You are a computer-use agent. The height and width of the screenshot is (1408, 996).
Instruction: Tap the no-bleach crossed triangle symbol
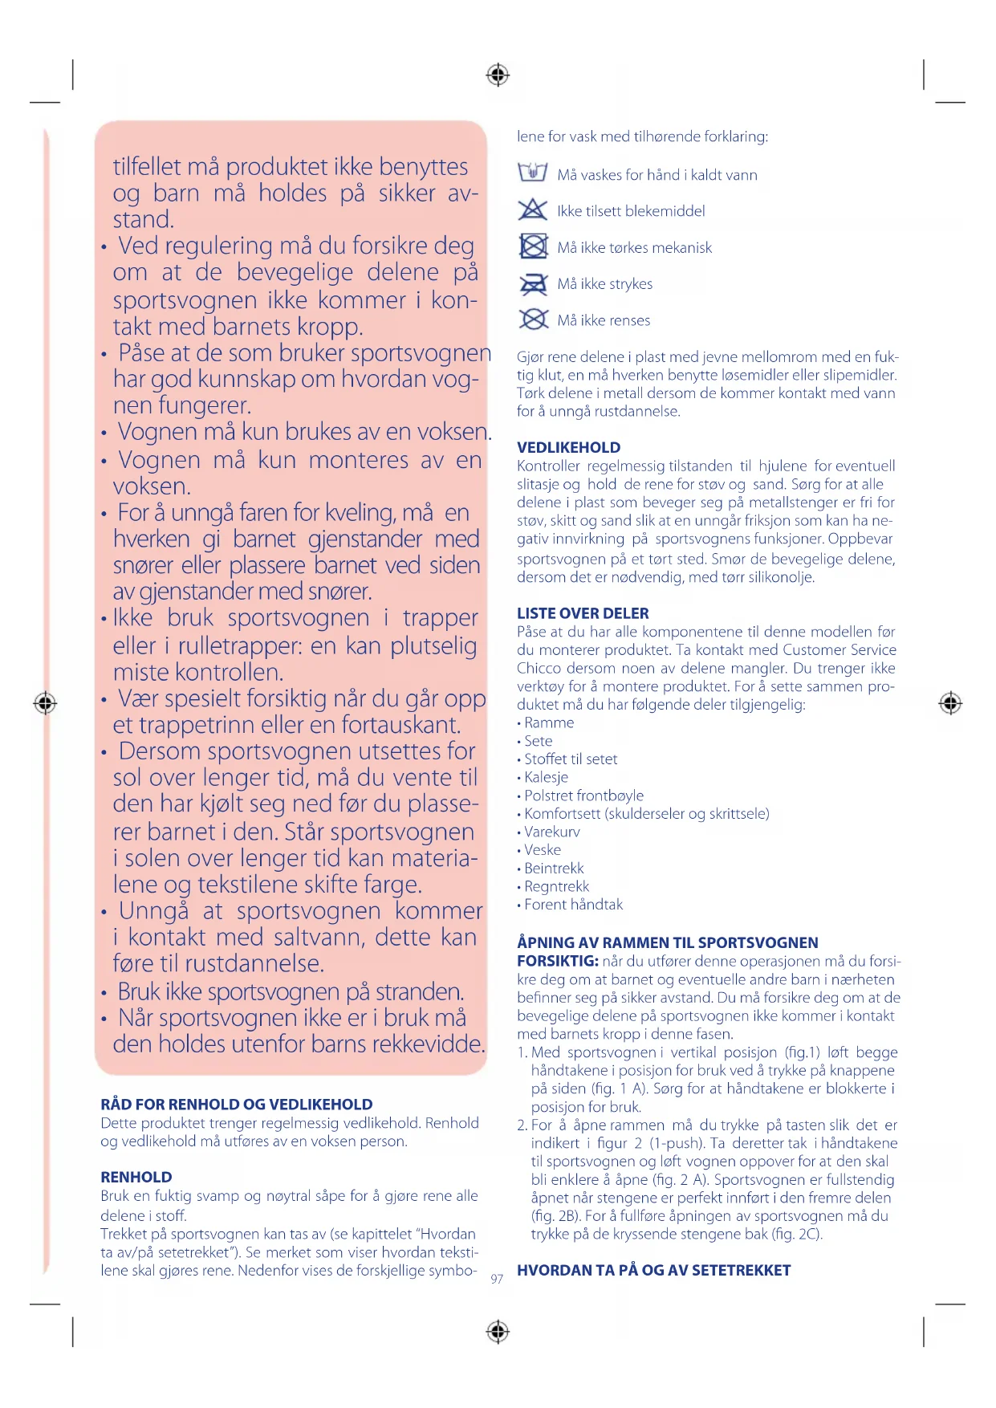[533, 210]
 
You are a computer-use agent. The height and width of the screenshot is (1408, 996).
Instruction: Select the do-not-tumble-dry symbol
[533, 246]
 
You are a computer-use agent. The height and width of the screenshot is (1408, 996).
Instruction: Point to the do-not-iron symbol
[533, 283]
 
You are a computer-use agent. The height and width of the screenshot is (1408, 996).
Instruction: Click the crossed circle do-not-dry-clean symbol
[533, 319]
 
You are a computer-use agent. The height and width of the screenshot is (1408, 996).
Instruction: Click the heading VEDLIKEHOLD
[568, 448]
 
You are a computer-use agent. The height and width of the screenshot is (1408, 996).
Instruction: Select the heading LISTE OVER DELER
[583, 613]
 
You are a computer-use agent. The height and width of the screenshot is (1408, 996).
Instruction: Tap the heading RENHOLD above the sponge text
[136, 1177]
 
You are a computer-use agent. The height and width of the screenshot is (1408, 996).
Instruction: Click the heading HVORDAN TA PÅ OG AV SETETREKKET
[653, 1270]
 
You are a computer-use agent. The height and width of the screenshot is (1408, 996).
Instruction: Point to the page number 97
[497, 1279]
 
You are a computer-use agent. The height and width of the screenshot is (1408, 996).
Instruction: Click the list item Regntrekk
[556, 886]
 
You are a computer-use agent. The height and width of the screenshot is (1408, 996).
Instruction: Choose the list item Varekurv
[551, 832]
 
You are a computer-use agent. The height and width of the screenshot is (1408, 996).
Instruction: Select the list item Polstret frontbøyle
[583, 796]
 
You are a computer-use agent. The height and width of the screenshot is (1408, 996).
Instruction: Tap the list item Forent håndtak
[573, 905]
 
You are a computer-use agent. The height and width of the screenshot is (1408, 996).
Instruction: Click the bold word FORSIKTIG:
[557, 961]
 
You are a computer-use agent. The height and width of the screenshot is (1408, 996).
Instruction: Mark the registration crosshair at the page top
[498, 75]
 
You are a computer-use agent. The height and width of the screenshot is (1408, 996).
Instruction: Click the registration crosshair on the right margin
[950, 703]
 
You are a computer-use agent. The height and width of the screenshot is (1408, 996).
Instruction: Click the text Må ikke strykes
[604, 284]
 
